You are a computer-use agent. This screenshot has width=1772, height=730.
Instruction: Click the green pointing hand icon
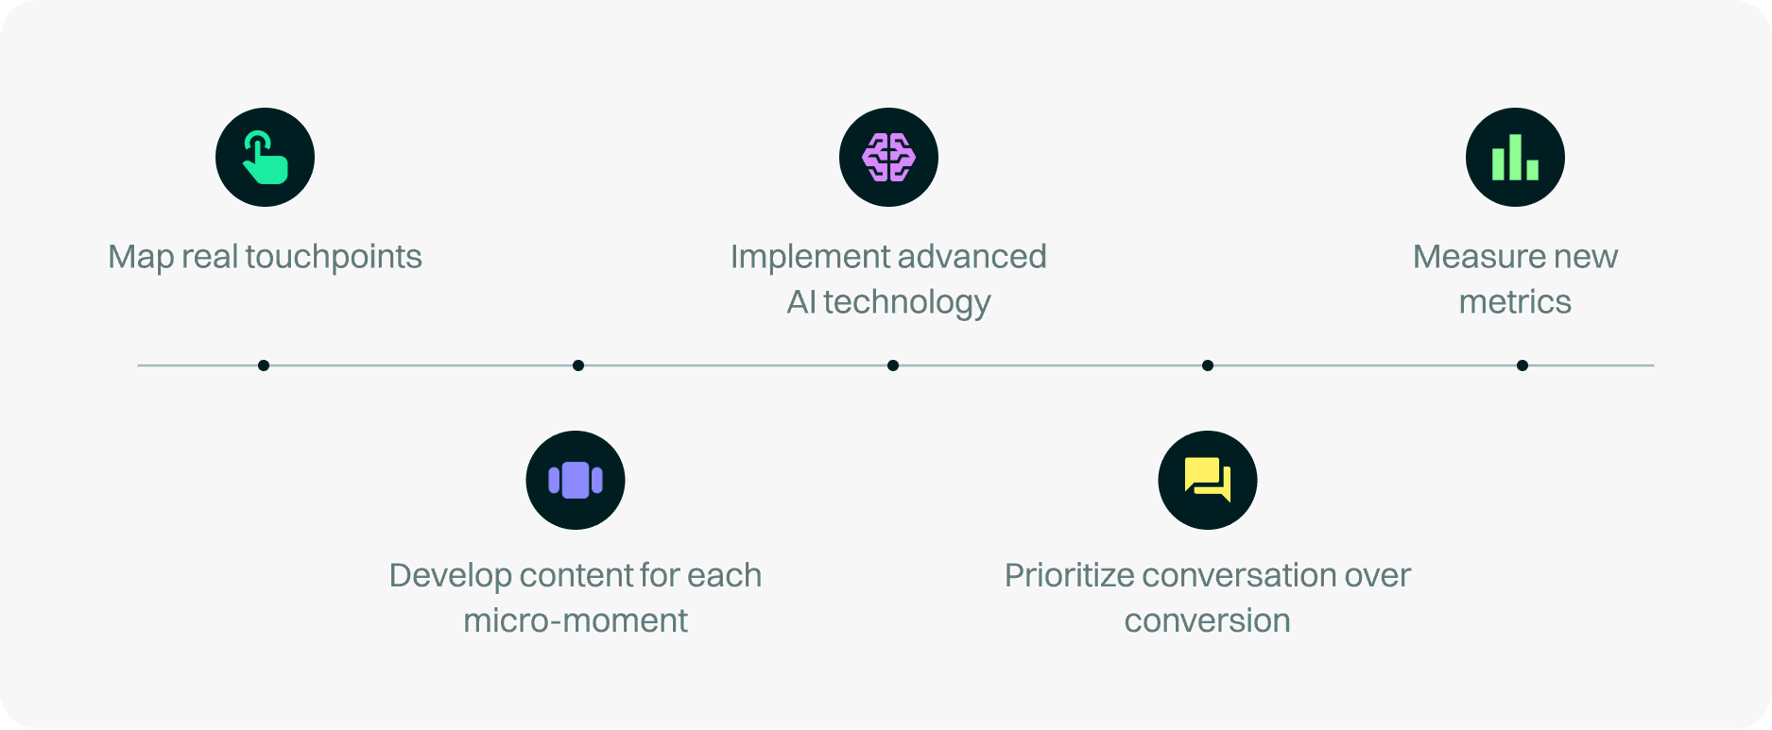[x=265, y=158]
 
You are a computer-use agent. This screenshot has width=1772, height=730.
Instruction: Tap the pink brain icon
[x=888, y=158]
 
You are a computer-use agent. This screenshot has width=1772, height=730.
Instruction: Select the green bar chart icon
[x=1515, y=158]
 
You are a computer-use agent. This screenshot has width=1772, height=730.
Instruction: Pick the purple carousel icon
[x=576, y=480]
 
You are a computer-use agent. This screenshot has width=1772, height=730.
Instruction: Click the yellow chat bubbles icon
[x=1207, y=480]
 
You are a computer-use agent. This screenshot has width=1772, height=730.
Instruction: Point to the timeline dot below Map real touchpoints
[x=264, y=365]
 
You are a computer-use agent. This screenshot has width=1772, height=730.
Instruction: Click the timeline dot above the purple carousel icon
[x=578, y=365]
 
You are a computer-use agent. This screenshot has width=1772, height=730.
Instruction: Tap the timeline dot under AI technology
[x=893, y=365]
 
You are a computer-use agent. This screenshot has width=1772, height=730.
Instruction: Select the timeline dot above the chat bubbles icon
[x=1208, y=365]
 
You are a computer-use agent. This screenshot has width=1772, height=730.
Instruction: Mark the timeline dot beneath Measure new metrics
[x=1523, y=365]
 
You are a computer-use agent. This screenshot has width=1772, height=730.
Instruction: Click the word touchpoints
[x=334, y=257]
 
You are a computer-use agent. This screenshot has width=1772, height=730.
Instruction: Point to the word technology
[x=906, y=302]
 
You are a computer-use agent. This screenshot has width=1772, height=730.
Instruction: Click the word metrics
[x=1515, y=302]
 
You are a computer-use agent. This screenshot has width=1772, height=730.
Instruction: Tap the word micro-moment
[x=576, y=621]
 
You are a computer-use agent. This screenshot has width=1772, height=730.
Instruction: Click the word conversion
[x=1207, y=621]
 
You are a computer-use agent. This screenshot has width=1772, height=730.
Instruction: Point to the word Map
[x=140, y=257]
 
